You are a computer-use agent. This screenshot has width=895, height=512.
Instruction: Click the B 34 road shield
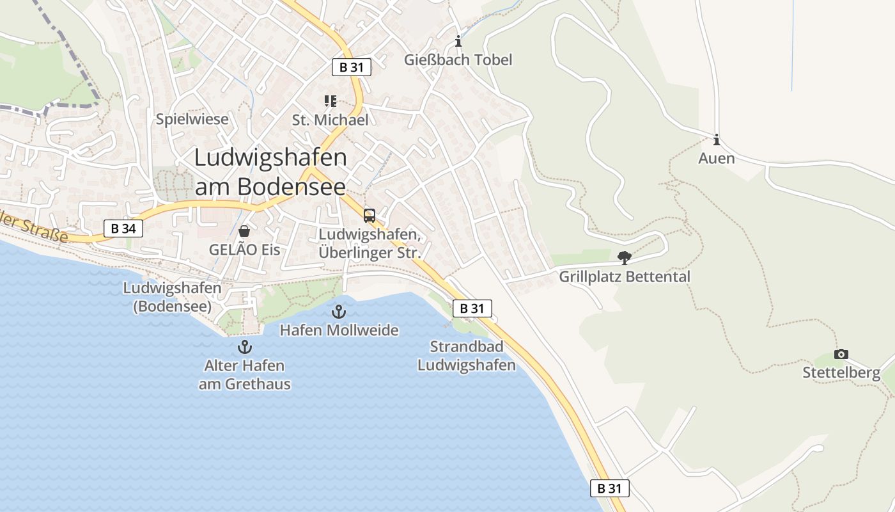tap(123, 228)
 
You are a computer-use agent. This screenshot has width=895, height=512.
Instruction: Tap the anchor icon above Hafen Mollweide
tap(339, 312)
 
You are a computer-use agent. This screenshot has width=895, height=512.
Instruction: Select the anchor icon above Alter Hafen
tap(244, 347)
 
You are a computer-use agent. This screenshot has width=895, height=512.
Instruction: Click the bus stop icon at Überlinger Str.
tap(370, 216)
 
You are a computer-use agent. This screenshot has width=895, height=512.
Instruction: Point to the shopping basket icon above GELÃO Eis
tap(244, 231)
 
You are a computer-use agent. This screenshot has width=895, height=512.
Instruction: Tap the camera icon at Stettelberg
tap(841, 354)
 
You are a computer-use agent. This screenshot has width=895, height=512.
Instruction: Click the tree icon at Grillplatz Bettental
tap(625, 258)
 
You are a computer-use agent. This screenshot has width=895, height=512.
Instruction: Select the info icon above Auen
tap(717, 140)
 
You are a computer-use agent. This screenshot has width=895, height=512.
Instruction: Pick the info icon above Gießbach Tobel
tap(458, 42)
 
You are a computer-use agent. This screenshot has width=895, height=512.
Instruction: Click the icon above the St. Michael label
tap(330, 101)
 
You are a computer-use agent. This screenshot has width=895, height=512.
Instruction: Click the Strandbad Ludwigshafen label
tap(466, 356)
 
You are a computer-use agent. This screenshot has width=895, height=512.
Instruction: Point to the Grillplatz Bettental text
tap(625, 277)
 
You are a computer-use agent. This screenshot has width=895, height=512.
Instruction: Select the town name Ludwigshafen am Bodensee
tap(270, 172)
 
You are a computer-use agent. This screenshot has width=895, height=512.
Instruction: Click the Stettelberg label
tap(841, 372)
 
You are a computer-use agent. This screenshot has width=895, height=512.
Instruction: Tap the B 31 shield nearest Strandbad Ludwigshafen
tap(472, 308)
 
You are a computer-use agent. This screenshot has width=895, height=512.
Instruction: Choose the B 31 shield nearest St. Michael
tap(352, 67)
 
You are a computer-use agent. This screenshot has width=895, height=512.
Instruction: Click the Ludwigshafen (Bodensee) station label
tap(172, 297)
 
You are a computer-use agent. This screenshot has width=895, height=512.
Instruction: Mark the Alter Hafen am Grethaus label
tap(244, 375)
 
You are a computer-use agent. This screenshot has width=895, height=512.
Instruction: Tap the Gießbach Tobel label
tap(458, 60)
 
